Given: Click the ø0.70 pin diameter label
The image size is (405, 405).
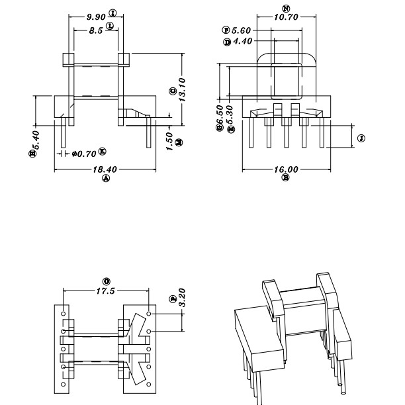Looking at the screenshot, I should (83, 154).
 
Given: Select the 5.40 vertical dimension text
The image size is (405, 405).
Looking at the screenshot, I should (36, 140).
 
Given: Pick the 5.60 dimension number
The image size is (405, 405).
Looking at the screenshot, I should (241, 30).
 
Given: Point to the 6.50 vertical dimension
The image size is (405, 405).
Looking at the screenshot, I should (220, 117).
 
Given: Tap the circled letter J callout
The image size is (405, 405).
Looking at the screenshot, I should (361, 138).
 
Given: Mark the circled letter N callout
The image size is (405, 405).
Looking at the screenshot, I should (285, 9).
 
